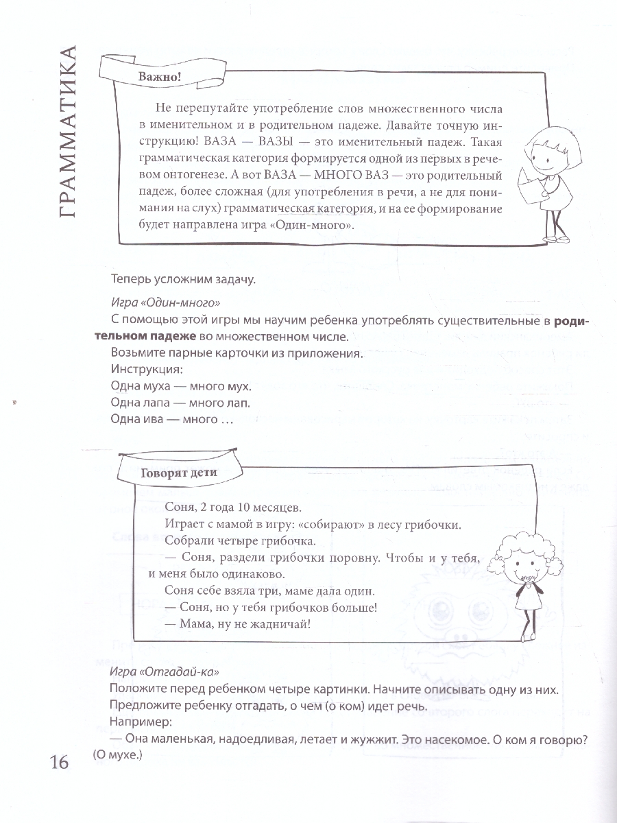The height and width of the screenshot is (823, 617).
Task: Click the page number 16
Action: [x=59, y=761]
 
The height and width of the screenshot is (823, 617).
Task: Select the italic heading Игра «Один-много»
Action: [x=168, y=302]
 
